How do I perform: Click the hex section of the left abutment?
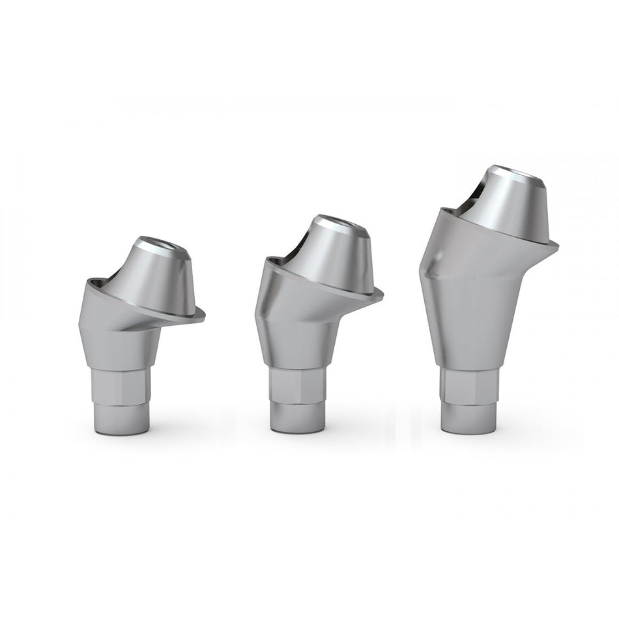122,387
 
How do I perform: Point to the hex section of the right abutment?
467,388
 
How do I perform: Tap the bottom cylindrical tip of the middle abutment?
298,417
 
